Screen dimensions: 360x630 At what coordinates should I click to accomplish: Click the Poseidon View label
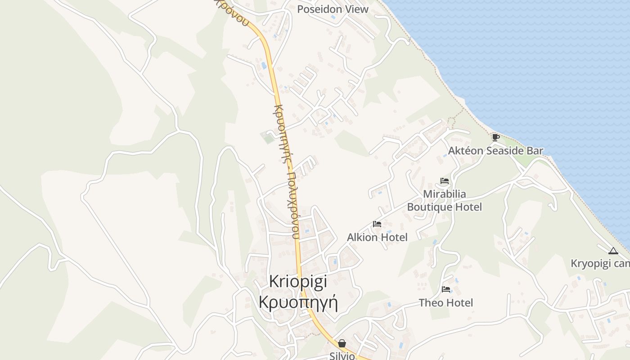[x=333, y=9]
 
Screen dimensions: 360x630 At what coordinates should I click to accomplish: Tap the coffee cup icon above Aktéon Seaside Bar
[x=495, y=137]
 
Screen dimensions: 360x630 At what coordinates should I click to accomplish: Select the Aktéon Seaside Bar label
[x=496, y=151]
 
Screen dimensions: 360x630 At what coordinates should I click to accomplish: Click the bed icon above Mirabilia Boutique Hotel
[x=445, y=181]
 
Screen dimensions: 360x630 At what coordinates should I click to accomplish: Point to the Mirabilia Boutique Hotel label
[x=445, y=200]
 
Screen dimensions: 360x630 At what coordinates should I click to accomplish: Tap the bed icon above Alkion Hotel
[x=377, y=224]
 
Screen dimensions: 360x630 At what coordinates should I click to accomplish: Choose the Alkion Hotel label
[x=377, y=237]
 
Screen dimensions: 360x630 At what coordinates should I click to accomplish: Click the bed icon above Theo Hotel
[x=446, y=289]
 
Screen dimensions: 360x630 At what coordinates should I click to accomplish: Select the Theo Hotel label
[x=446, y=303]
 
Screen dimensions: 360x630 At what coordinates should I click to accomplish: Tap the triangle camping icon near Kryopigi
[x=612, y=251]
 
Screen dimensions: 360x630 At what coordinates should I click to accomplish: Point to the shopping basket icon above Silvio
[x=342, y=343]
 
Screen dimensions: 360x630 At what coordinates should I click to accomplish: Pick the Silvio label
[x=342, y=356]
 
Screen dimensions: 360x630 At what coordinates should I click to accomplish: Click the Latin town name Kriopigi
[x=298, y=281]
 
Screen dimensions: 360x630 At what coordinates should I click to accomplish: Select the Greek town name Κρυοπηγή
[x=298, y=301]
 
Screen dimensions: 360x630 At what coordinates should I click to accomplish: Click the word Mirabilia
[x=445, y=194]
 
